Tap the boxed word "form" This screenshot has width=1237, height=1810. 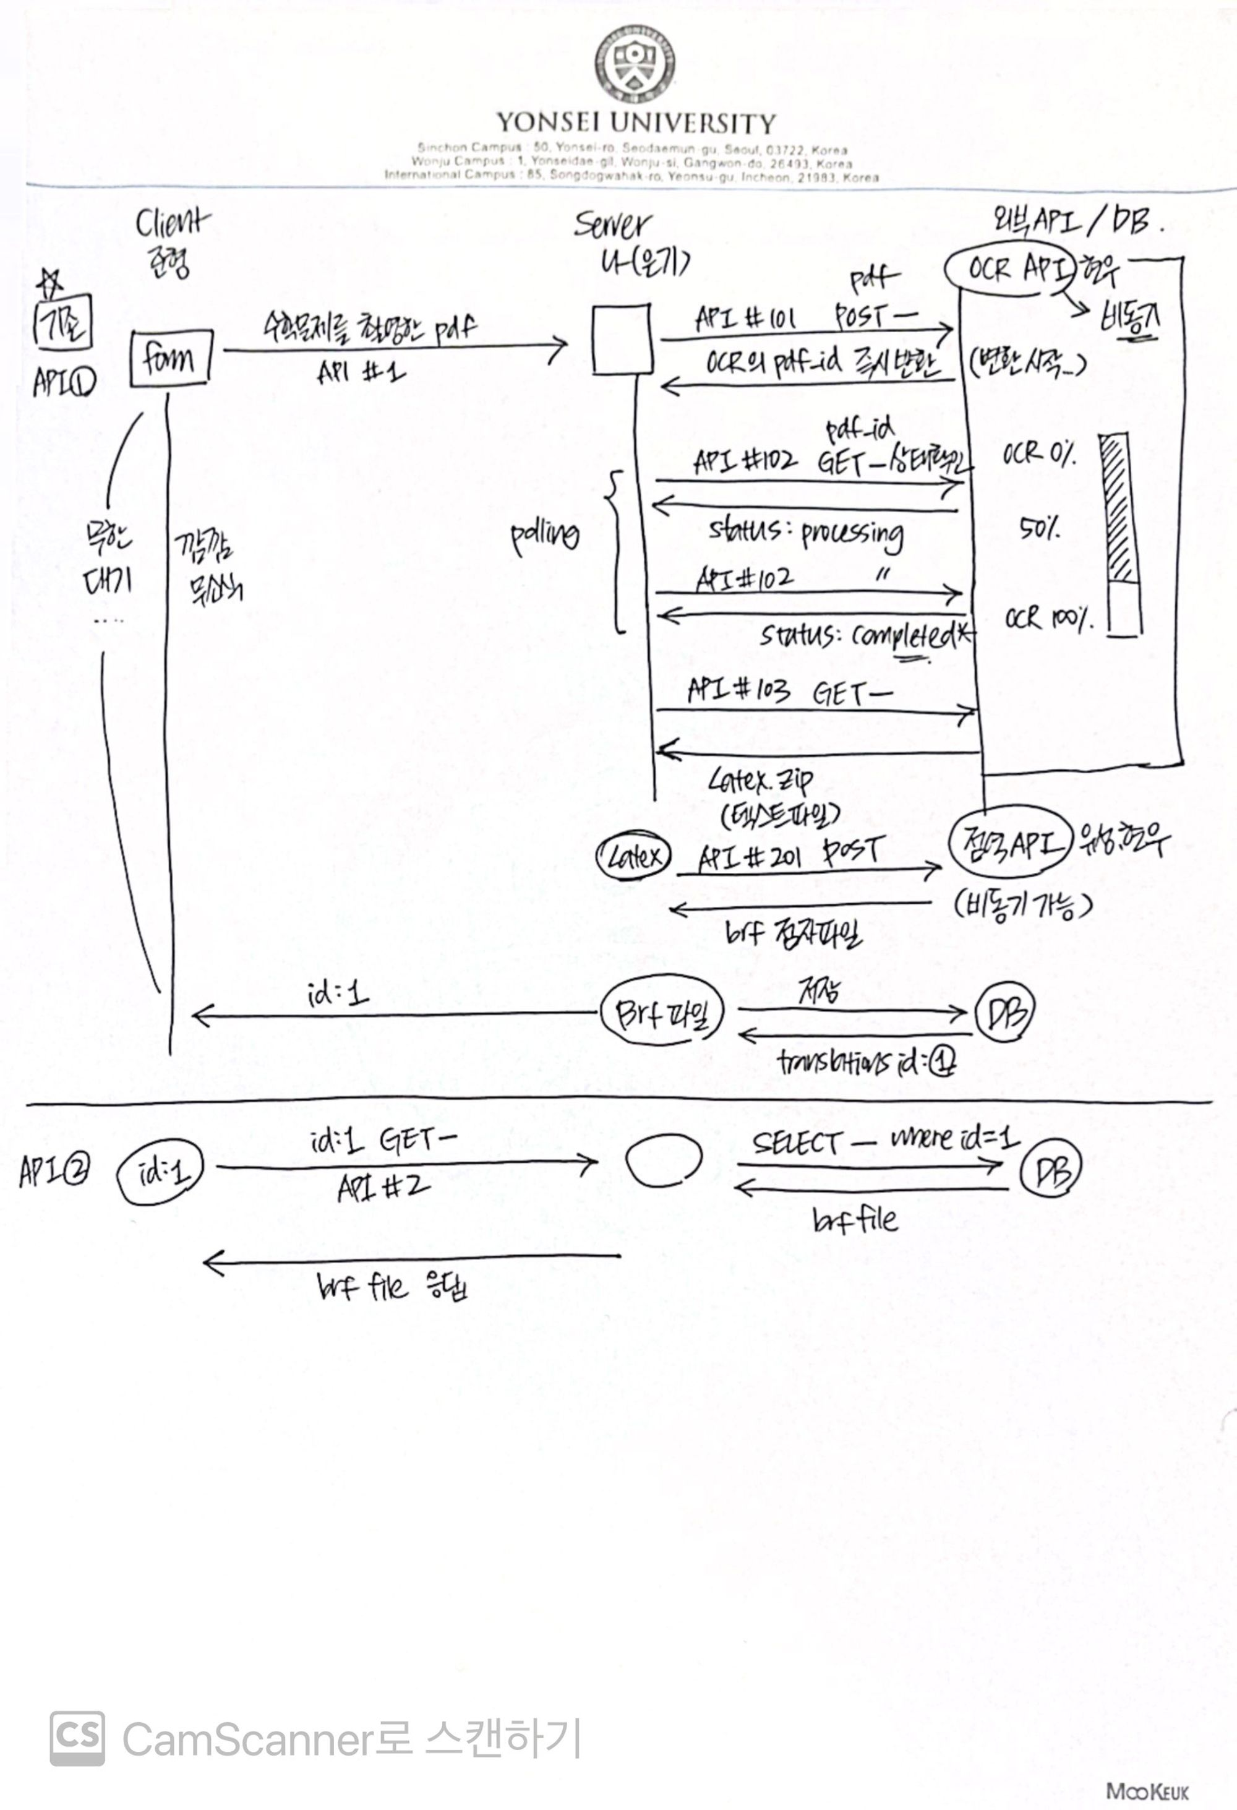point(169,359)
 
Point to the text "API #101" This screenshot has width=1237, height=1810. point(743,319)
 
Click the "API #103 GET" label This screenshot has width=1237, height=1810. point(786,692)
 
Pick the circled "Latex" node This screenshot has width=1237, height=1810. point(632,857)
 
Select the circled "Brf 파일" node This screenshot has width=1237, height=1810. point(662,1013)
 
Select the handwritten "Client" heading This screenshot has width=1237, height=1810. point(171,225)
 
